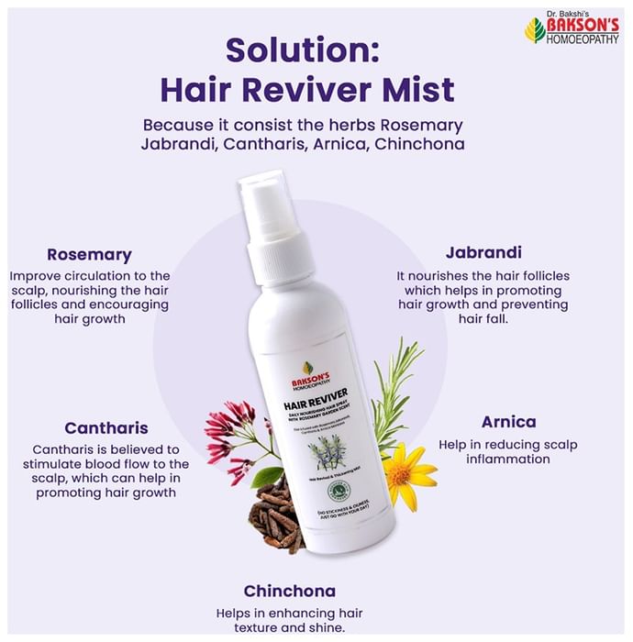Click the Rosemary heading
pyautogui.click(x=89, y=255)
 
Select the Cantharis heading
pyautogui.click(x=106, y=427)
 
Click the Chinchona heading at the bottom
pyautogui.click(x=289, y=591)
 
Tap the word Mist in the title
pyautogui.click(x=413, y=90)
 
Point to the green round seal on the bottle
pyautogui.click(x=342, y=489)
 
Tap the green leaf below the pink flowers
pyautogui.click(x=267, y=477)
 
